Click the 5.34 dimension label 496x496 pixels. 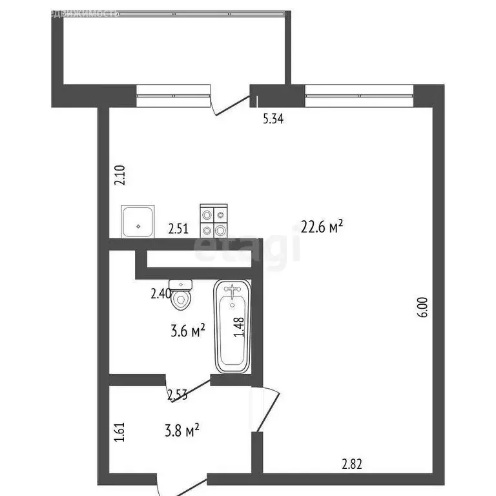click(x=273, y=118)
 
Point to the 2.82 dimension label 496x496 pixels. click(x=353, y=463)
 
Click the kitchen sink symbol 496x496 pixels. click(x=138, y=222)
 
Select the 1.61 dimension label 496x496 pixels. click(x=119, y=431)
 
